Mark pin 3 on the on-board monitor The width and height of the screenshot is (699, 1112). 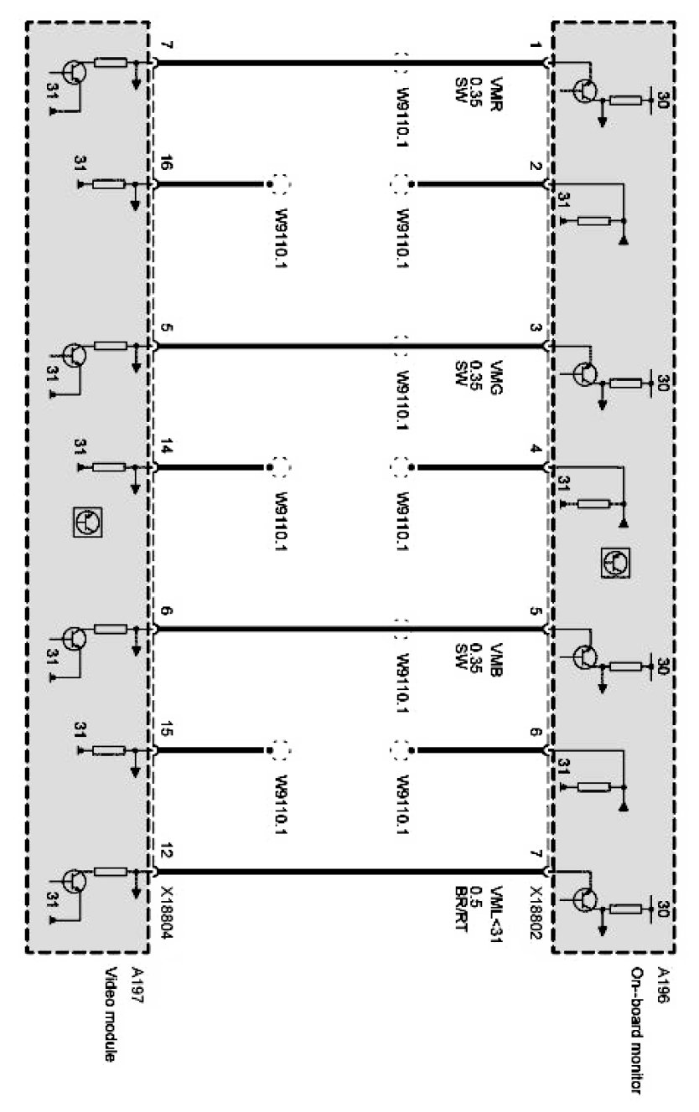[537, 328]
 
